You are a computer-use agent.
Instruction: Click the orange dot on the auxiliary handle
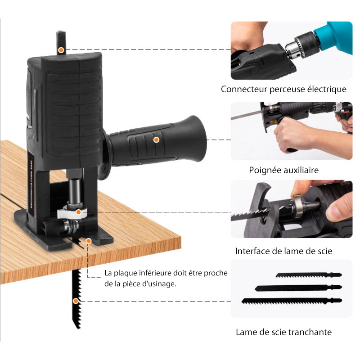click(156, 139)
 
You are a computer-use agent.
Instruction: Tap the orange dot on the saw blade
click(76, 301)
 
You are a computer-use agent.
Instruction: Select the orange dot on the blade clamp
click(78, 211)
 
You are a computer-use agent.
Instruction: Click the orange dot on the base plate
click(89, 242)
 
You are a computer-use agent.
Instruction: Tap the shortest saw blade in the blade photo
click(308, 274)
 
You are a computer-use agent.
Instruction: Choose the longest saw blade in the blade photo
click(291, 301)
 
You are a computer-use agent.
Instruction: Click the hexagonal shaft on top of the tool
click(61, 41)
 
